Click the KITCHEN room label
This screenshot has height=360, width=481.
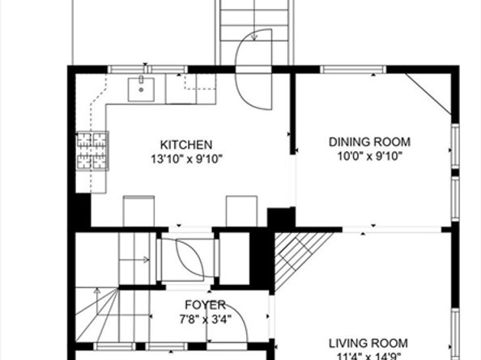tap(186, 145)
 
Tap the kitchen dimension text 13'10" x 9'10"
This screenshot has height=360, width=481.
tap(186, 159)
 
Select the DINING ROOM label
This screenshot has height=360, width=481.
tap(369, 142)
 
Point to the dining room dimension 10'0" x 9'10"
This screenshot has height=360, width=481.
tap(369, 156)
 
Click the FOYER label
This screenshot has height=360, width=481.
tap(205, 305)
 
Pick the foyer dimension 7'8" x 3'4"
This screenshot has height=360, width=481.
tap(205, 320)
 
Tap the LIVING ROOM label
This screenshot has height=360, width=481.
tap(368, 344)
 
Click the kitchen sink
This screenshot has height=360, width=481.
tap(141, 89)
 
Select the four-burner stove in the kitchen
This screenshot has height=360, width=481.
tap(92, 150)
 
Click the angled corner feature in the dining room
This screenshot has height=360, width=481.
tap(429, 95)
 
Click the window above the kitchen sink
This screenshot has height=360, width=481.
tap(147, 70)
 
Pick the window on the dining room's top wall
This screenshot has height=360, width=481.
tap(353, 70)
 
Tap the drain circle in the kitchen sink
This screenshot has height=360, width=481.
tap(141, 90)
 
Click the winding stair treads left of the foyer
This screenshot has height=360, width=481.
tap(97, 315)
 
